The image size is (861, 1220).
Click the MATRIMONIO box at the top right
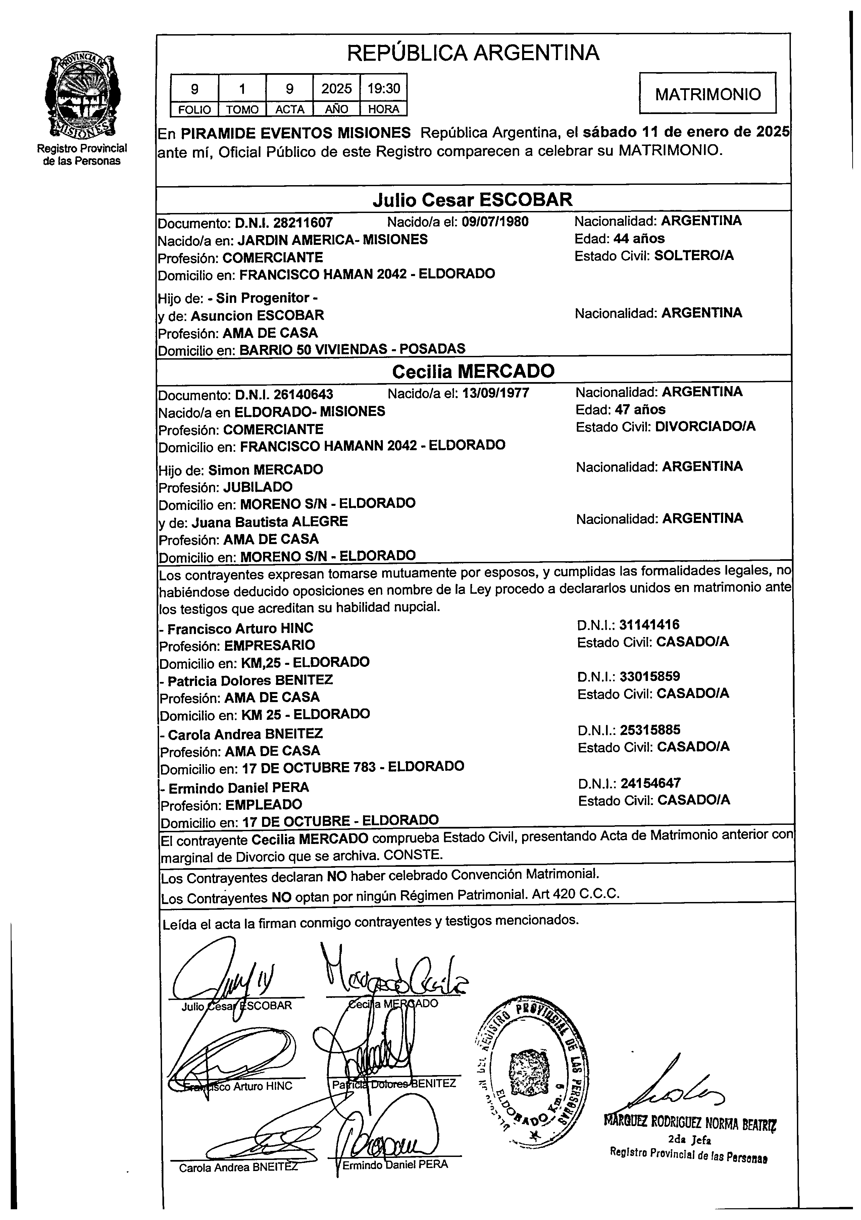coord(707,94)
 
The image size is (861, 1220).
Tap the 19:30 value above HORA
coord(384,88)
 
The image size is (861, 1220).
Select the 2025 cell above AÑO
coord(337,88)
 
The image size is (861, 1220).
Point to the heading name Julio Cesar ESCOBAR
coord(472,200)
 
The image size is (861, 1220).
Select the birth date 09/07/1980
coord(495,222)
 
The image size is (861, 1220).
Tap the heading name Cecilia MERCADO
coord(473,371)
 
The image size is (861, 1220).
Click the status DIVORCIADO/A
coord(705,427)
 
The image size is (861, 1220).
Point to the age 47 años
coord(640,410)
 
